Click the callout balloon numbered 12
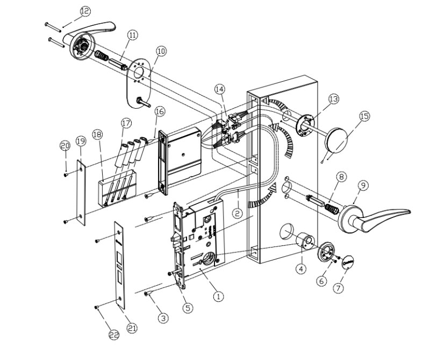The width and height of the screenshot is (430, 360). coord(85,11)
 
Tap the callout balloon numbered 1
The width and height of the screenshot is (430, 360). coord(218,296)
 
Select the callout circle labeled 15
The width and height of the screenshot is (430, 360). coord(365,117)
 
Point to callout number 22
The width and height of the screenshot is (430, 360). coord(113,335)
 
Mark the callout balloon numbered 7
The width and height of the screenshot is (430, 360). coord(338,288)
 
